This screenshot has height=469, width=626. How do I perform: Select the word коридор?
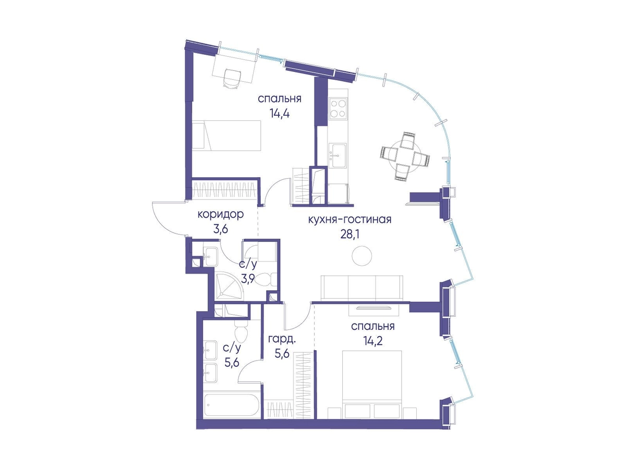coord(221,215)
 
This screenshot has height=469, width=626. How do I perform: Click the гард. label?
coord(282,340)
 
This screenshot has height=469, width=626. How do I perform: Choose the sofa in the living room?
coord(362,287)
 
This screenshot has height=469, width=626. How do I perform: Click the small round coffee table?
coord(362,256)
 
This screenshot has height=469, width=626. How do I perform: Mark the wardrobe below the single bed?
coord(225,189)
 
